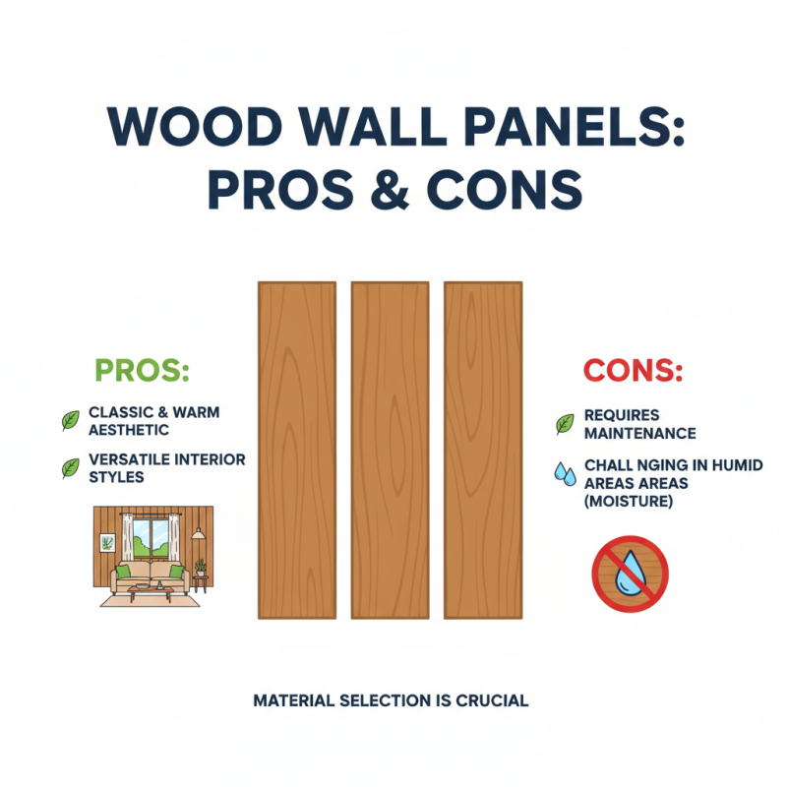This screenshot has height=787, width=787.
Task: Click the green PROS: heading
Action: [x=141, y=371]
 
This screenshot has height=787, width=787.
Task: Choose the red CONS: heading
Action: [x=633, y=371]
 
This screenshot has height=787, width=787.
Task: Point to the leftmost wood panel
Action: [x=296, y=450]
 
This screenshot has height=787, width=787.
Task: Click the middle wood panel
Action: [x=390, y=450]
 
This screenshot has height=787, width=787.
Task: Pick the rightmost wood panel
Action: [x=483, y=450]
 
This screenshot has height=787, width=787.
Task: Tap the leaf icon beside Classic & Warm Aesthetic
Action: [x=71, y=421]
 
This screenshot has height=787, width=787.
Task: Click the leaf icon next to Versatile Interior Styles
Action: [x=71, y=468]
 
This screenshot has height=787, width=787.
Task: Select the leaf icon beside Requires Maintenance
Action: [x=565, y=424]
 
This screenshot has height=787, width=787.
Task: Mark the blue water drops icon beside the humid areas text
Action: [x=565, y=472]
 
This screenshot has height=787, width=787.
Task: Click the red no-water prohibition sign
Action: [x=630, y=574]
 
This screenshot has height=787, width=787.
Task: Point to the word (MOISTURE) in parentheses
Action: [x=628, y=502]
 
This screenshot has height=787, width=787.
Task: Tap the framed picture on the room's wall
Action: [x=106, y=542]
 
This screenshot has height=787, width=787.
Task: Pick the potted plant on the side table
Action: [x=201, y=568]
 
